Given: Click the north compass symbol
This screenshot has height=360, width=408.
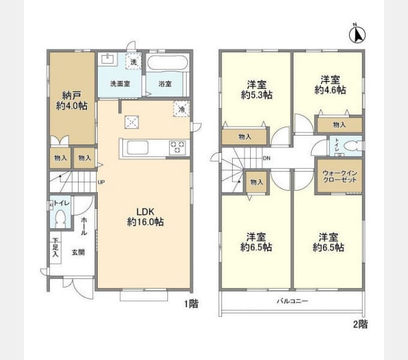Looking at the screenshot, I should (356, 34).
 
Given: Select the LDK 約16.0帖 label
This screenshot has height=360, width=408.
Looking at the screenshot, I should (145, 217).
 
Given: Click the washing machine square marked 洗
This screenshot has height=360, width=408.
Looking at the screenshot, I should (134, 61).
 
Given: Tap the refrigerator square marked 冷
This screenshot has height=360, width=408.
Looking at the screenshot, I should (182, 109).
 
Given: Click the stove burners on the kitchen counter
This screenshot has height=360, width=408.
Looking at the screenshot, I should (178, 148).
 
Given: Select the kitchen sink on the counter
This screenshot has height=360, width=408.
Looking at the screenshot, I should (136, 148).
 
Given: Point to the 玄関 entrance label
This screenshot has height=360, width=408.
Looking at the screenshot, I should (78, 253).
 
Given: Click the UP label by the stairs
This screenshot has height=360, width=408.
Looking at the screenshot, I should (101, 182).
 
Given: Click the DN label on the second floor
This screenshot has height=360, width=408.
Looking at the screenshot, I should (266, 158).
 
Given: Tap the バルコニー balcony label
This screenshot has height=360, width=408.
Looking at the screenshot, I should (292, 301).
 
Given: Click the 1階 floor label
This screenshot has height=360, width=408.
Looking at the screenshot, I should (191, 304).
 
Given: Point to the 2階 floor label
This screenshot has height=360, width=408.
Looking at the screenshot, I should (360, 324).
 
